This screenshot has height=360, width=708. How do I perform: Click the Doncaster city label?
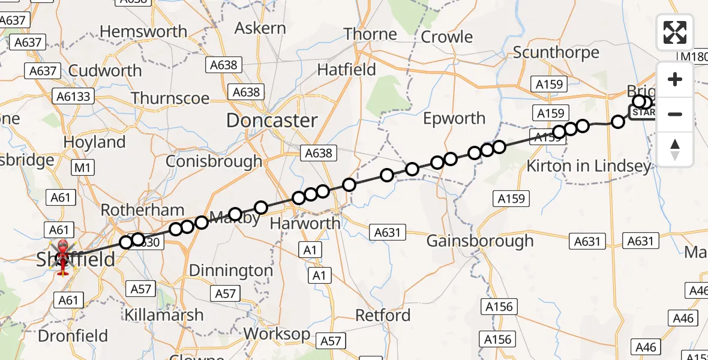(x=272, y=121)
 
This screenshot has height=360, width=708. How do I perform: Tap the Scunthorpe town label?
(x=556, y=52)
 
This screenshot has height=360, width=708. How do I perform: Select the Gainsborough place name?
(x=479, y=241)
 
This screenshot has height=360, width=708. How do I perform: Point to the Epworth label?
(x=454, y=118)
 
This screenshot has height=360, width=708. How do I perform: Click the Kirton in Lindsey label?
(x=588, y=166)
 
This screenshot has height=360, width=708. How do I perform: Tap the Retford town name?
(x=383, y=315)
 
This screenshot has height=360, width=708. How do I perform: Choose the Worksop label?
(x=277, y=334)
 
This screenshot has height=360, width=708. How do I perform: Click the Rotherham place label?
(x=142, y=210)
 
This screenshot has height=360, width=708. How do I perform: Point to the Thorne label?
(x=370, y=34)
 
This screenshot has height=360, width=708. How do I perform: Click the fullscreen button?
(x=675, y=32)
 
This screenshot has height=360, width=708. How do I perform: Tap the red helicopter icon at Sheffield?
(x=63, y=257)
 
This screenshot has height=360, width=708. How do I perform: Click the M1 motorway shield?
(x=82, y=168)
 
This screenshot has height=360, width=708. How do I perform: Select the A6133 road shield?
(x=73, y=97)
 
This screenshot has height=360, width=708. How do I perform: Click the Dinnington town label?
(x=230, y=271)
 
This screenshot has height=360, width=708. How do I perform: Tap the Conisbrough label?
(x=214, y=161)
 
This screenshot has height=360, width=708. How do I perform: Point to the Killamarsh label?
(x=164, y=314)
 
